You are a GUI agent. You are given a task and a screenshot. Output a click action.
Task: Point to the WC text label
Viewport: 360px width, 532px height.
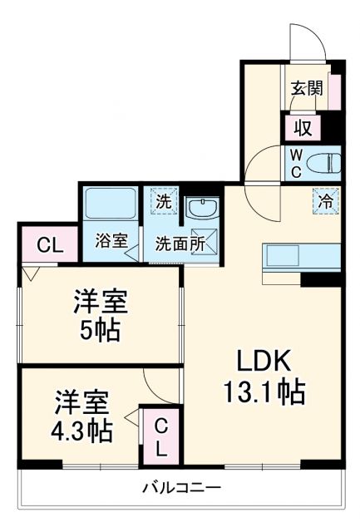[295, 163]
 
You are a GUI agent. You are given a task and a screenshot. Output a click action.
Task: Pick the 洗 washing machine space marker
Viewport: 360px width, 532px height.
[164, 200]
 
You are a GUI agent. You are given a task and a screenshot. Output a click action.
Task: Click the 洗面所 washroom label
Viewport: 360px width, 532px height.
[180, 245]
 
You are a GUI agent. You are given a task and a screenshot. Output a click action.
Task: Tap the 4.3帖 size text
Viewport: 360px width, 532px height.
[84, 431]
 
